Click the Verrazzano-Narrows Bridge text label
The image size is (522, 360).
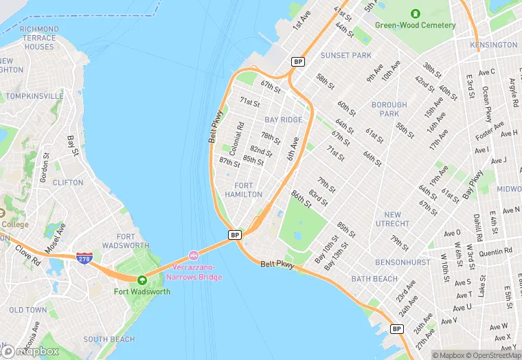[x=194, y=271]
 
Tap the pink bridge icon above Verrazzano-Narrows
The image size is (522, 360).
[x=194, y=256]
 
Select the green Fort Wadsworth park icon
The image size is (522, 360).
[x=142, y=280]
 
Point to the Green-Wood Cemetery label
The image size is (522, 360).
[x=415, y=25]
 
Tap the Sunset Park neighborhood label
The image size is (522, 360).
[x=345, y=55]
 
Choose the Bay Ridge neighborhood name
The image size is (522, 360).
[x=283, y=120]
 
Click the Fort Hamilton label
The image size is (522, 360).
[x=248, y=190]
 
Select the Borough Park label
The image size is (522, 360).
[x=389, y=109]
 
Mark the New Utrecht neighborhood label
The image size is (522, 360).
[x=392, y=219]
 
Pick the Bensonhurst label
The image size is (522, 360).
[x=403, y=262]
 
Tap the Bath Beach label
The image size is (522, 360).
[x=374, y=279]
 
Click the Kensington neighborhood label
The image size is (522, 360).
[x=493, y=45]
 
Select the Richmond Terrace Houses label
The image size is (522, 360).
[x=39, y=38]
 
